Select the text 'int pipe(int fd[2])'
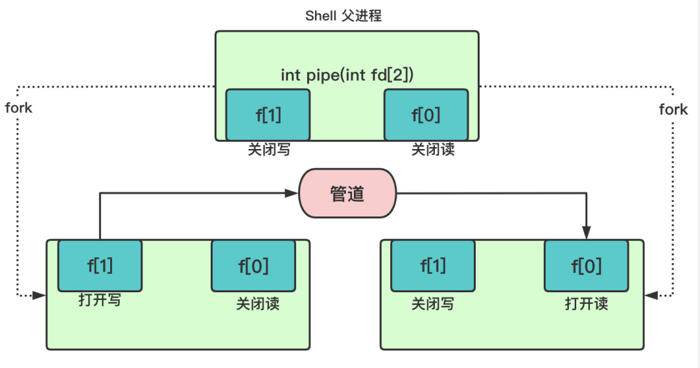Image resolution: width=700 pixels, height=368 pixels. pos(347,75)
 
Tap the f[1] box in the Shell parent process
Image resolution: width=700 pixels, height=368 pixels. pos(268,115)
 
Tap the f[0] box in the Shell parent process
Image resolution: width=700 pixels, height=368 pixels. pos(426,115)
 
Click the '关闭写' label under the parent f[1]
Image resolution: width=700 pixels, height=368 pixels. pos(268,150)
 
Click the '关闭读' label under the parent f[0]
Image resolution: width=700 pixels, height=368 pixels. pos(433,150)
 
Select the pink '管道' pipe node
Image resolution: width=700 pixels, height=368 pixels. pos(347,194)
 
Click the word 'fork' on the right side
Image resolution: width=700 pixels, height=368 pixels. pos(673,109)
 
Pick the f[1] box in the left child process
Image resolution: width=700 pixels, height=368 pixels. pos(100,265)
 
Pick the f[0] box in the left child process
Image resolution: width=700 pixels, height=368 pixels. pos(253,265)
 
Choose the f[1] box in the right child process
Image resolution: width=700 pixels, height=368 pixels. pos(433,265)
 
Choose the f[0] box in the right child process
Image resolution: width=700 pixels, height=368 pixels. pos(586,265)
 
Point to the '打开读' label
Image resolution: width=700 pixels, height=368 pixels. pos(587,303)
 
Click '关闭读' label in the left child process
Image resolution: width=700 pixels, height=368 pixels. pos(257,303)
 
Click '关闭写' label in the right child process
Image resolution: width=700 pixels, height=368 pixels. pos(433,303)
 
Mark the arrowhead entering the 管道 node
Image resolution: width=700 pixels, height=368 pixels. pos(293,192)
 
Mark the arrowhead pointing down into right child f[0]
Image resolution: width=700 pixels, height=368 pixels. pos(587,233)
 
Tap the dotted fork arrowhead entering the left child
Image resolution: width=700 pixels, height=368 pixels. pos(40,295)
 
